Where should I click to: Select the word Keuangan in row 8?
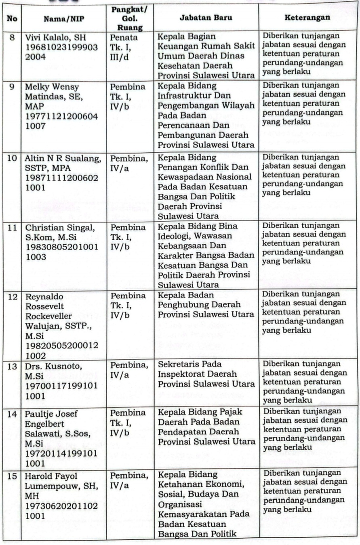pyautogui.click(x=176, y=47)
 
